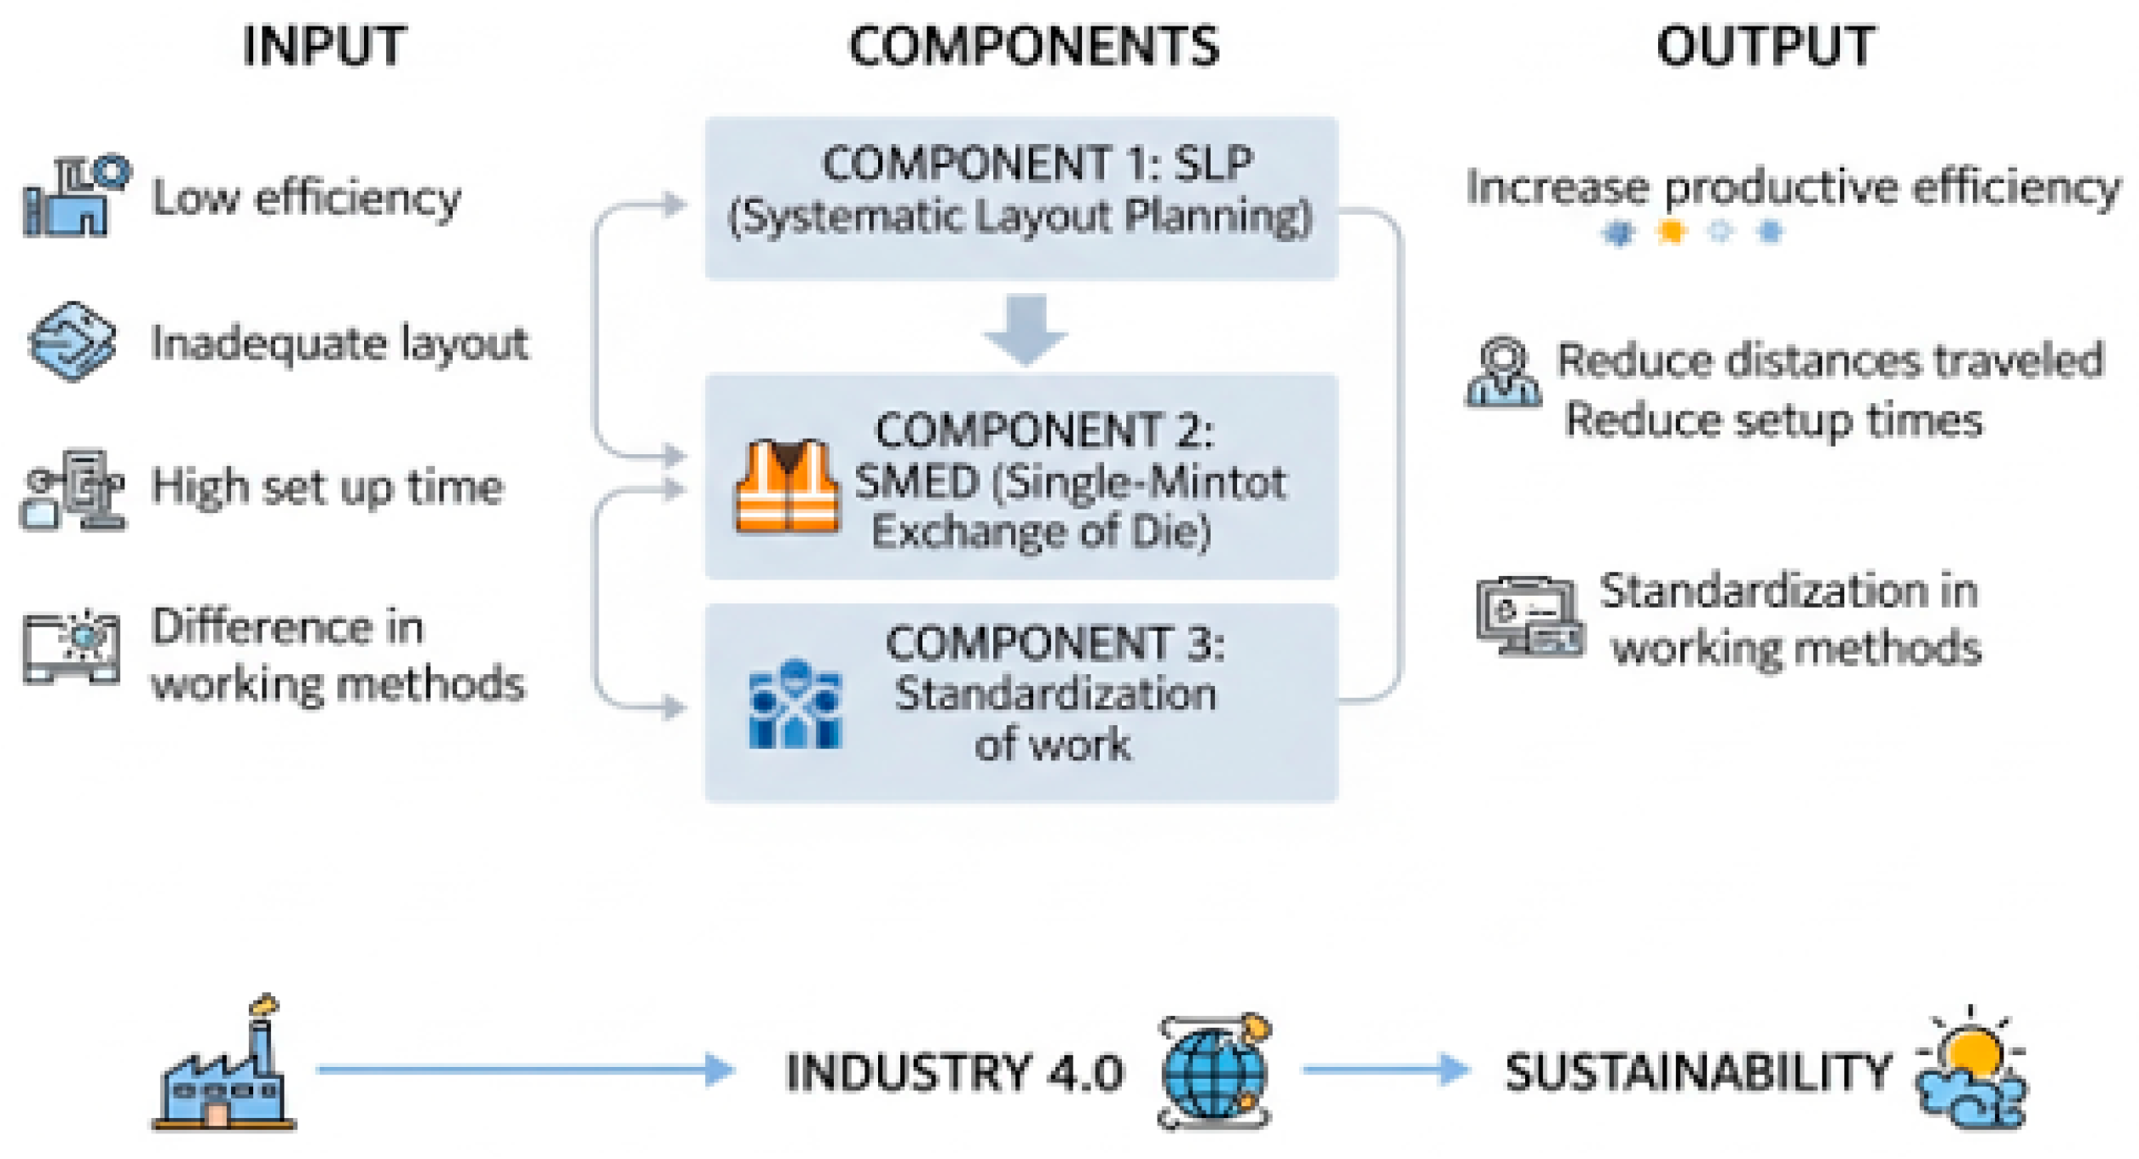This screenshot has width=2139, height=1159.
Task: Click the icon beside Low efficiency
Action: point(76,196)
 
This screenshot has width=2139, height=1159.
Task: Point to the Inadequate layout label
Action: point(339,343)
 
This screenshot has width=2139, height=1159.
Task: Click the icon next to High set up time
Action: point(73,490)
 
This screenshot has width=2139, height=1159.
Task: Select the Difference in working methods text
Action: point(337,654)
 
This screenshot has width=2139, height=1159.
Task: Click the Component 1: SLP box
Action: point(1020,198)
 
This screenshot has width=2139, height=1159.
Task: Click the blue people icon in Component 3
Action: point(795,704)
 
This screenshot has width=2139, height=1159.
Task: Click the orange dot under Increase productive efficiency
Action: point(1671,232)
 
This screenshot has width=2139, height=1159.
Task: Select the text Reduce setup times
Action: point(1773,420)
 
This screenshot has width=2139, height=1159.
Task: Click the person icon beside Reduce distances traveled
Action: point(1503,372)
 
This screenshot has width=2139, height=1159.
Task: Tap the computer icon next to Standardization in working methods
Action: point(1529,615)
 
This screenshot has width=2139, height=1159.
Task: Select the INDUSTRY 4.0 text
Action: point(955,1071)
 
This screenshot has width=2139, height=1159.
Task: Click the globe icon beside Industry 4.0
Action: point(1214,1072)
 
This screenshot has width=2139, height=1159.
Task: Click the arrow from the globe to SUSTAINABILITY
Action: point(1385,1069)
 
